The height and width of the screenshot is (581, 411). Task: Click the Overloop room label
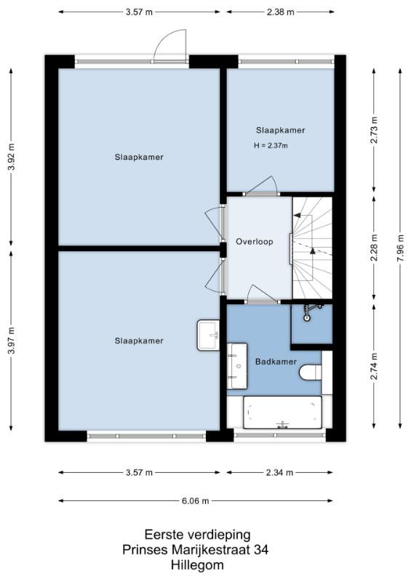[255, 242]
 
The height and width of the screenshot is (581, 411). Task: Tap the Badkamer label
[276, 362]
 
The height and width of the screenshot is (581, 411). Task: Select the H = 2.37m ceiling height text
[271, 146]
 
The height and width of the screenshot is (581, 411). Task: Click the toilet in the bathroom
[311, 373]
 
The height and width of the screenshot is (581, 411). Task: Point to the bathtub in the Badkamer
[282, 413]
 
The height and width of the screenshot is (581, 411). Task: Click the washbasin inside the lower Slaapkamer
[208, 336]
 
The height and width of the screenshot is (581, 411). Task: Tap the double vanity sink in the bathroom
[237, 366]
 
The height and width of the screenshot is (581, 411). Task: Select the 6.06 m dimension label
[195, 501]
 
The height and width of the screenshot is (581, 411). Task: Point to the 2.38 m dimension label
[280, 12]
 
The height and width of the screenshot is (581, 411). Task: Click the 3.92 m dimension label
[12, 156]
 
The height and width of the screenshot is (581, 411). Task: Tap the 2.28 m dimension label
[374, 248]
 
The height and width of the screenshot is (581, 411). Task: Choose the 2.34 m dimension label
[279, 473]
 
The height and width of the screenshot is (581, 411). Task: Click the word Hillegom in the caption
[198, 566]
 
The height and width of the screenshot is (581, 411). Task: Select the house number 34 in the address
[261, 550]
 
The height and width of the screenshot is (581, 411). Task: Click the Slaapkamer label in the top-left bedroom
[139, 157]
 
